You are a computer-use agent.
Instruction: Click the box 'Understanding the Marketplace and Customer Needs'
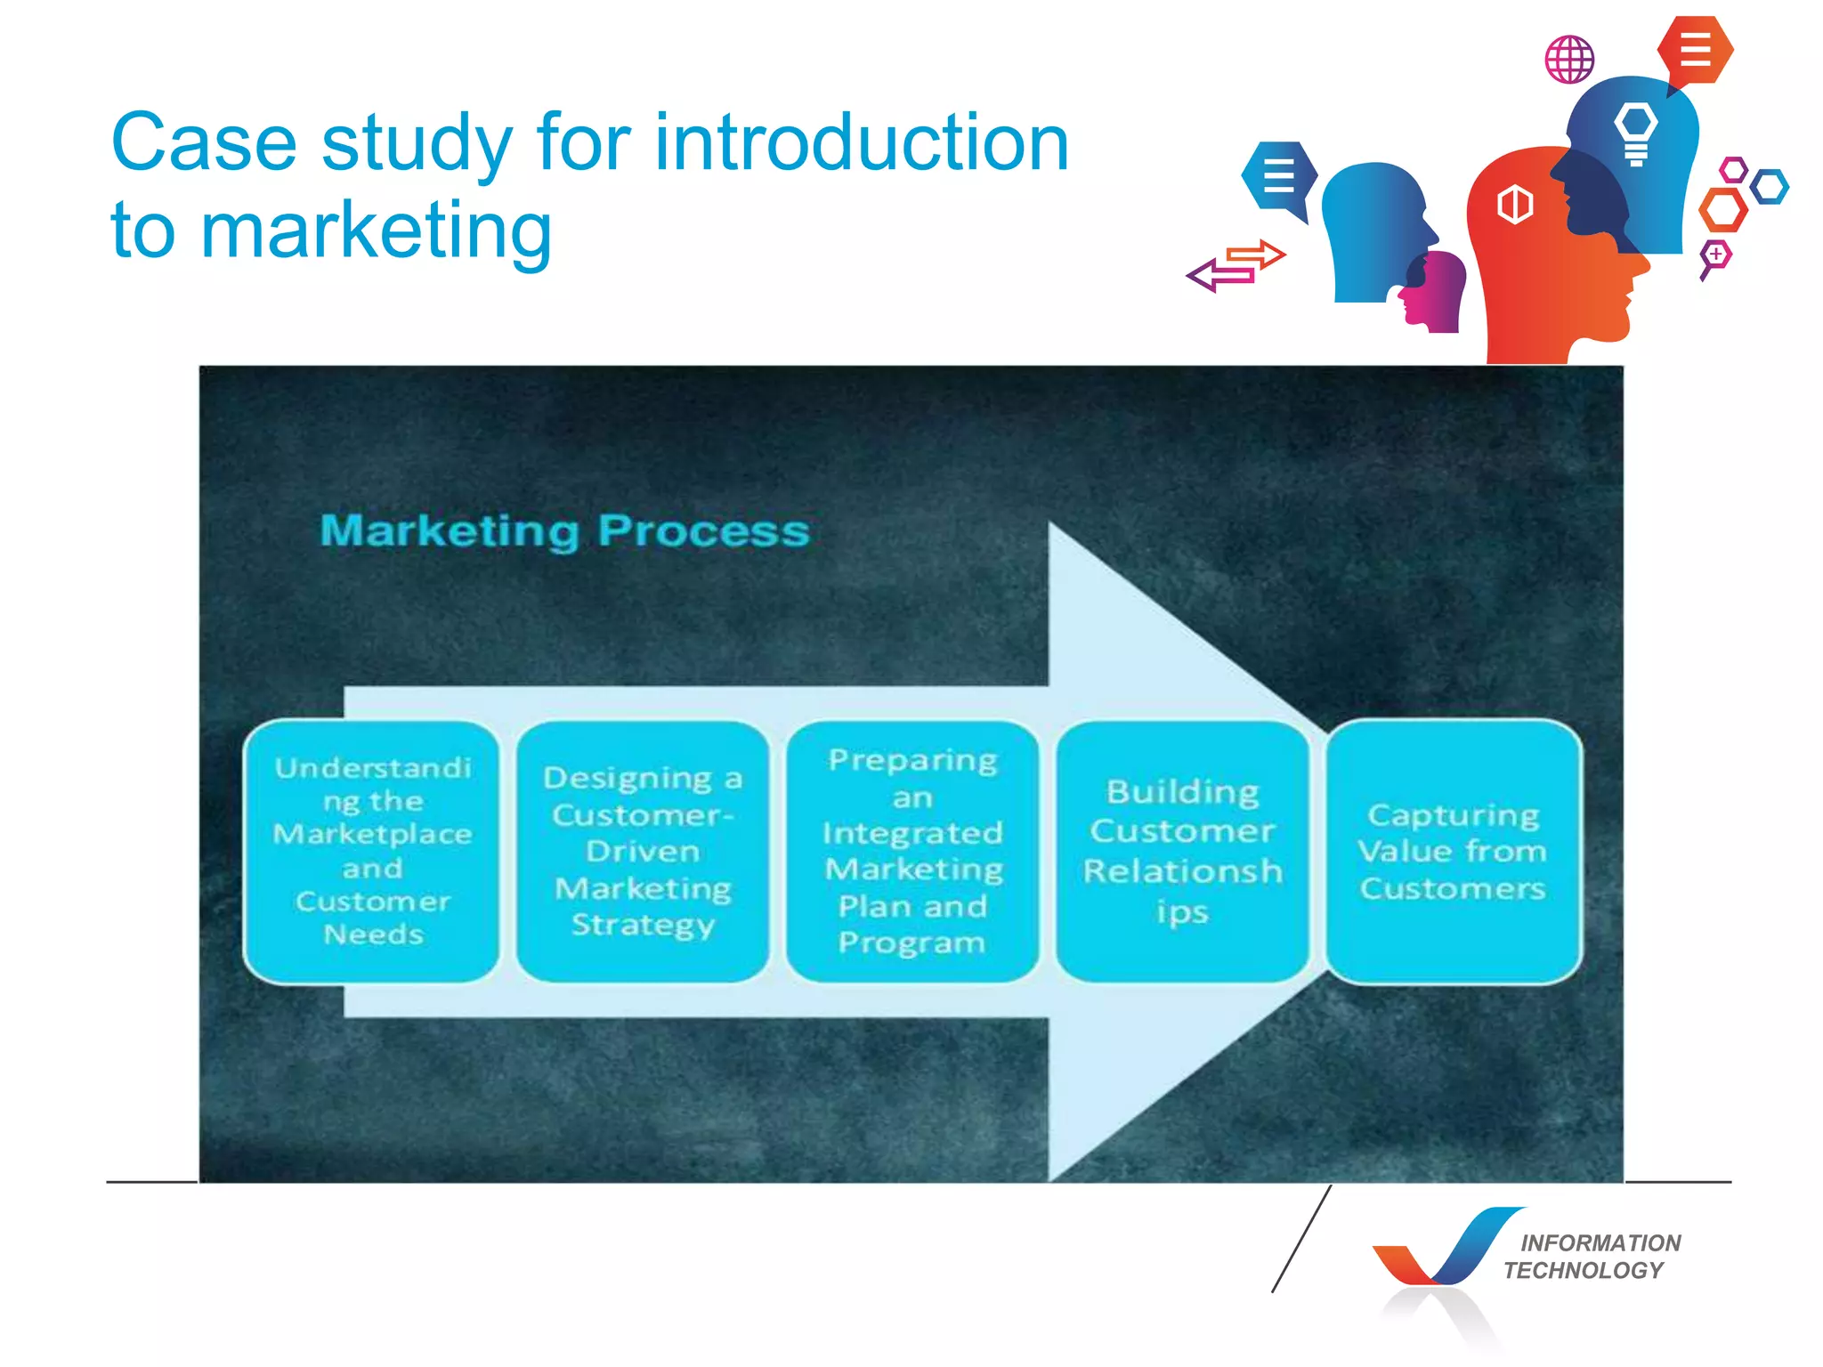[x=371, y=851]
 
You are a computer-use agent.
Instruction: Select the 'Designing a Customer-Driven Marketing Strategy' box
[x=643, y=851]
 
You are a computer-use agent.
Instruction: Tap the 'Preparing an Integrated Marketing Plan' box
[x=912, y=851]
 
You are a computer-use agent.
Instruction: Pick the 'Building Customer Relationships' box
[x=1182, y=851]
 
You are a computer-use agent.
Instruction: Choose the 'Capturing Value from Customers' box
[x=1453, y=851]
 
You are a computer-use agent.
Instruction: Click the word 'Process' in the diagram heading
[x=703, y=531]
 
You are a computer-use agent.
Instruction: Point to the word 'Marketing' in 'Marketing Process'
[x=450, y=531]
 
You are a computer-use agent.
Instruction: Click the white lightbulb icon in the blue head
[x=1635, y=133]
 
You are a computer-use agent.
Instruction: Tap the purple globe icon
[x=1569, y=60]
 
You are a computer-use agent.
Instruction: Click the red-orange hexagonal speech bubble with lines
[x=1695, y=50]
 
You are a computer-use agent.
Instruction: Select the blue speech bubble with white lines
[x=1278, y=176]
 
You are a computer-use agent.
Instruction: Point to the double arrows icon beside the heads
[x=1236, y=265]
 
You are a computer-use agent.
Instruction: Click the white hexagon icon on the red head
[x=1515, y=205]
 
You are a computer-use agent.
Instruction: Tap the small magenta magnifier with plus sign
[x=1715, y=257]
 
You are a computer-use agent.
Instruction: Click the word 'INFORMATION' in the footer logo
[x=1600, y=1242]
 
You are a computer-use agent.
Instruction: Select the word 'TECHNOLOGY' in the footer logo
[x=1584, y=1270]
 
